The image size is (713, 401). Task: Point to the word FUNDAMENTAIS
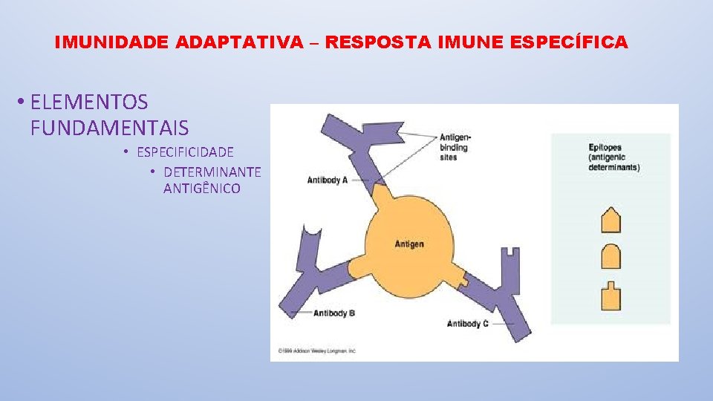[x=110, y=128]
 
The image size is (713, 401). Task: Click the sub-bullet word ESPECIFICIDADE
[x=185, y=152]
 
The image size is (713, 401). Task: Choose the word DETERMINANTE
[x=212, y=172]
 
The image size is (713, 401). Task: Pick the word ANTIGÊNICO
[x=202, y=189]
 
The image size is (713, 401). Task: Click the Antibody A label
[x=328, y=180]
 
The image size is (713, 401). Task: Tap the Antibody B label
[x=334, y=313]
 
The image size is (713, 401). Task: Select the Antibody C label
[x=468, y=324]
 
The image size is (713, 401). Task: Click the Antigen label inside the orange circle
[x=409, y=244]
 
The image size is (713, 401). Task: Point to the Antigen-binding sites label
[x=455, y=147]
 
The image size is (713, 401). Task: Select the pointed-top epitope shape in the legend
[x=611, y=221]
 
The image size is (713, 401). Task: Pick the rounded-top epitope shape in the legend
[x=611, y=257]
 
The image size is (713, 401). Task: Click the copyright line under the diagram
[x=317, y=351]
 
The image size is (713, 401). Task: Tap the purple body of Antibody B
[x=312, y=282]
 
